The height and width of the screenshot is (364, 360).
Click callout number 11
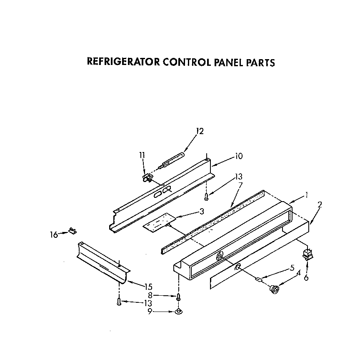click(x=142, y=155)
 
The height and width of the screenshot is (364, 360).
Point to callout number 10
click(x=238, y=157)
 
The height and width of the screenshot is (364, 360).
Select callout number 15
click(x=148, y=287)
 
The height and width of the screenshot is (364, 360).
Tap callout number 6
click(x=306, y=278)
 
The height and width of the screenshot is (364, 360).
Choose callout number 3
click(x=202, y=212)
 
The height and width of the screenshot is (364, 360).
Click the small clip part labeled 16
click(x=72, y=230)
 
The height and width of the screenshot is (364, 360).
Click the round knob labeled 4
click(x=275, y=289)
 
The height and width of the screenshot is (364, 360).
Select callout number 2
click(x=320, y=204)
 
